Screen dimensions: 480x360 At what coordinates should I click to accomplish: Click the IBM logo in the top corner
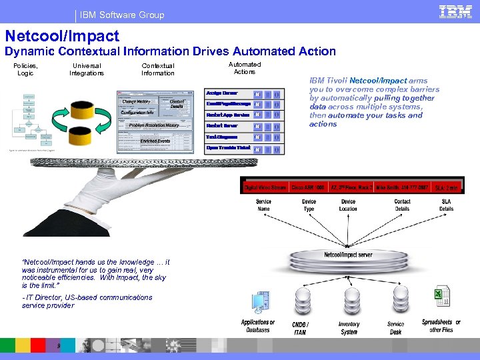455,12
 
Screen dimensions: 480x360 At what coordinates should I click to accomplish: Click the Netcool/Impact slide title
62,36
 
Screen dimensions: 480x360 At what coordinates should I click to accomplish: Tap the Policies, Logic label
26,69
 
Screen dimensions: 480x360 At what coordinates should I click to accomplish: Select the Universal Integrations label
86,69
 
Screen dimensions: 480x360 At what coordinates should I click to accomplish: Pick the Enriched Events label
155,141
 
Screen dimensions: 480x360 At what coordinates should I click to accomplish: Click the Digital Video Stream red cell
265,188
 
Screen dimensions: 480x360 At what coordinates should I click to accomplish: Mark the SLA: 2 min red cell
446,188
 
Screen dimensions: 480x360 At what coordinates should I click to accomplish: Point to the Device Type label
309,205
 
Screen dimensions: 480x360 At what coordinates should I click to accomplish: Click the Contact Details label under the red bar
402,205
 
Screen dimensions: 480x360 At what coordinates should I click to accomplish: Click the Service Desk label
395,328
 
